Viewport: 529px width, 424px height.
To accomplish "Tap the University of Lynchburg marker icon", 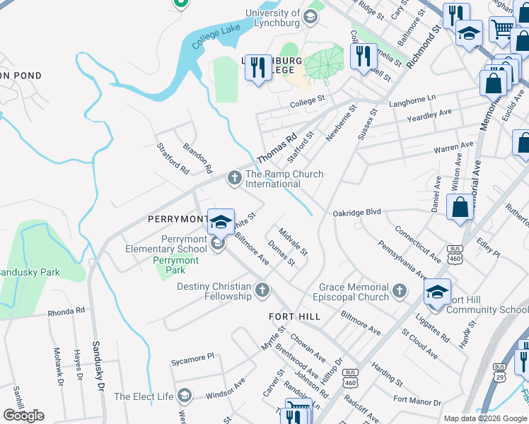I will coord(310,16).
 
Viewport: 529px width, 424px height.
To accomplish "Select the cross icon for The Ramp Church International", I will coord(234,177).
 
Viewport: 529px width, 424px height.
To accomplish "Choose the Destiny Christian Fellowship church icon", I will coord(262,290).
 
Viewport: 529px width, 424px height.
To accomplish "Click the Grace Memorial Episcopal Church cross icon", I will coord(400,290).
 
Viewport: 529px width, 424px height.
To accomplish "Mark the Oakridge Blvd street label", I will coord(357,212).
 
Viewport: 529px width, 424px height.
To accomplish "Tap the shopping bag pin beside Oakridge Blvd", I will coord(460,208).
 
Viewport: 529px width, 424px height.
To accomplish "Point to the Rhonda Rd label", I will coord(66,310).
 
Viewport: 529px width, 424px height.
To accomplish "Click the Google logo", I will coord(24,416).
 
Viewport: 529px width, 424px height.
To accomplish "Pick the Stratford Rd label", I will coord(173,159).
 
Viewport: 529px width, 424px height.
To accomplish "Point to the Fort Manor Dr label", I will coord(417,400).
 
